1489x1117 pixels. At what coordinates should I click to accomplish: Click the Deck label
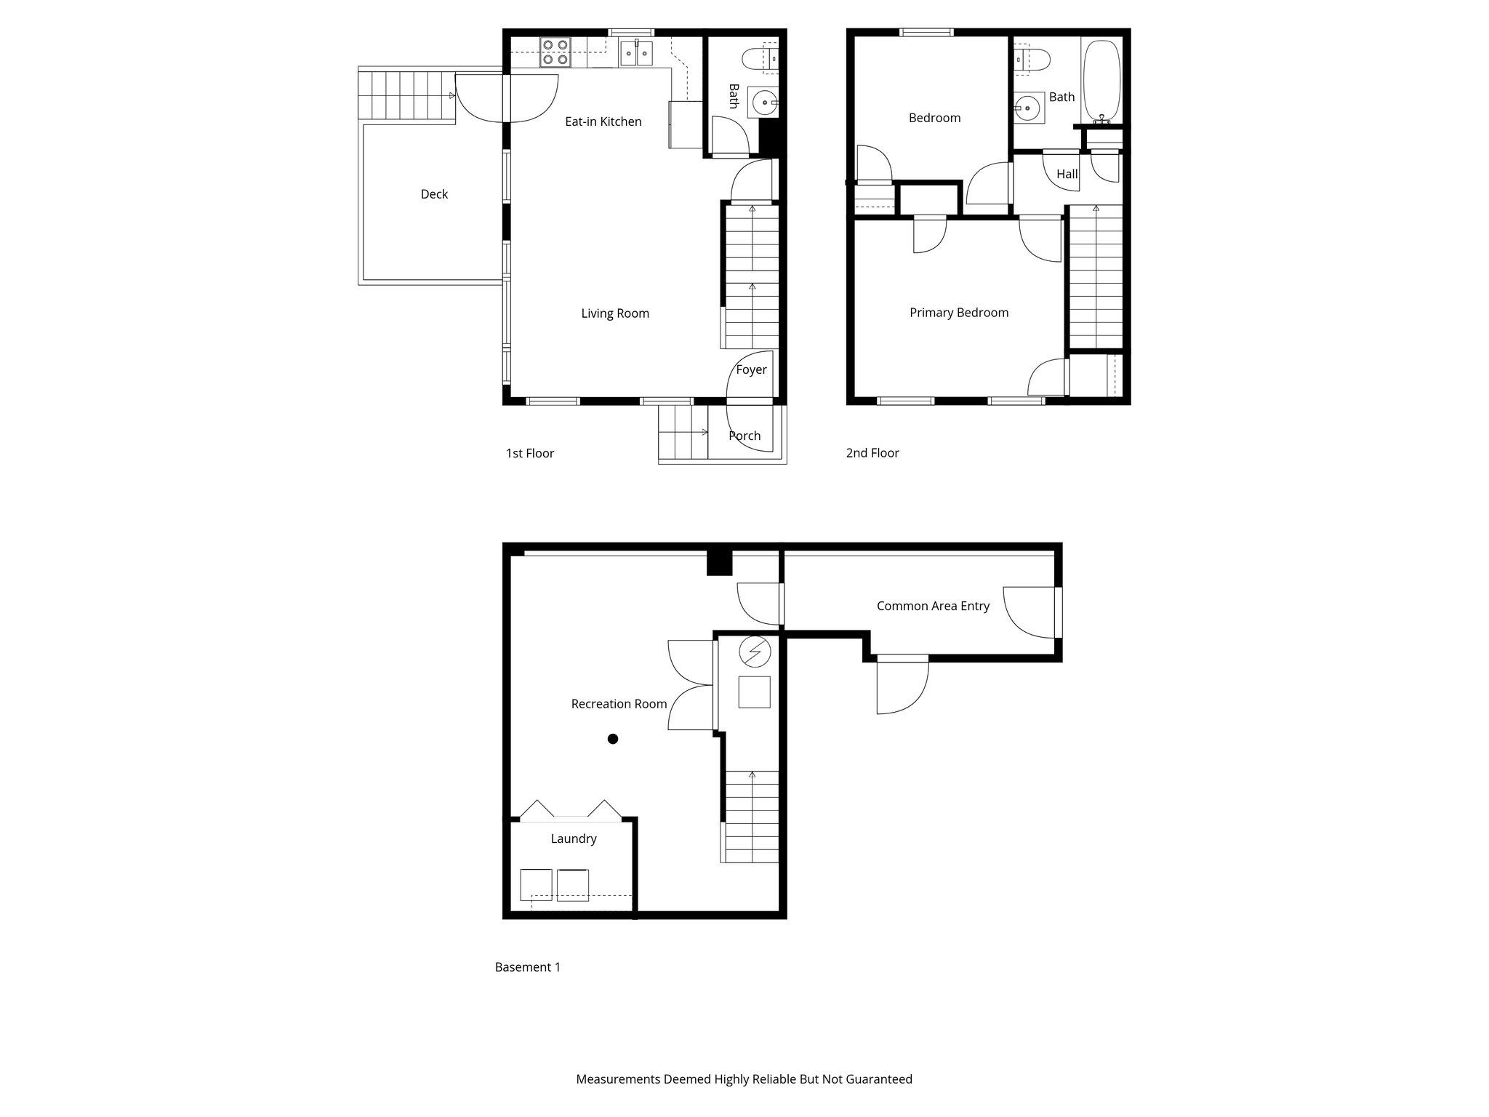point(434,194)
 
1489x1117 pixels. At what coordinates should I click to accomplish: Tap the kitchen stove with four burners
point(555,52)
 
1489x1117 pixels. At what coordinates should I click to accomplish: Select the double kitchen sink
point(637,53)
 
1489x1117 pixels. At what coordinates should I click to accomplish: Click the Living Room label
point(615,313)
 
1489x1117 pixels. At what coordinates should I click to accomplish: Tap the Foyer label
point(751,369)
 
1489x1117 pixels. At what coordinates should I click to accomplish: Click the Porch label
point(744,436)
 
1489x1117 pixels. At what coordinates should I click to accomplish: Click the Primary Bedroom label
point(959,313)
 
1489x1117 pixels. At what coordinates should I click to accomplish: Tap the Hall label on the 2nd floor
point(1067,175)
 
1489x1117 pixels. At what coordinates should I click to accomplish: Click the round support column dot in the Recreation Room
point(613,739)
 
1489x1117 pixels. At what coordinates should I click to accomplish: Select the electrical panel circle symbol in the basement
point(754,652)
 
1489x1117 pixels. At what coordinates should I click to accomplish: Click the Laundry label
point(574,838)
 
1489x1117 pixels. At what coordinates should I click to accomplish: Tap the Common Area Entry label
point(933,606)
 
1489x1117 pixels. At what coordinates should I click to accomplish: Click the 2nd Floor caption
point(872,453)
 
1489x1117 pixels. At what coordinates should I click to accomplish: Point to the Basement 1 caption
point(528,967)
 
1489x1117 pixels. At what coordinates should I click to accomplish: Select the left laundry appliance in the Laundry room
point(537,885)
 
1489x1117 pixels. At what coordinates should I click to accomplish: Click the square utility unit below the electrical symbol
point(754,692)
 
